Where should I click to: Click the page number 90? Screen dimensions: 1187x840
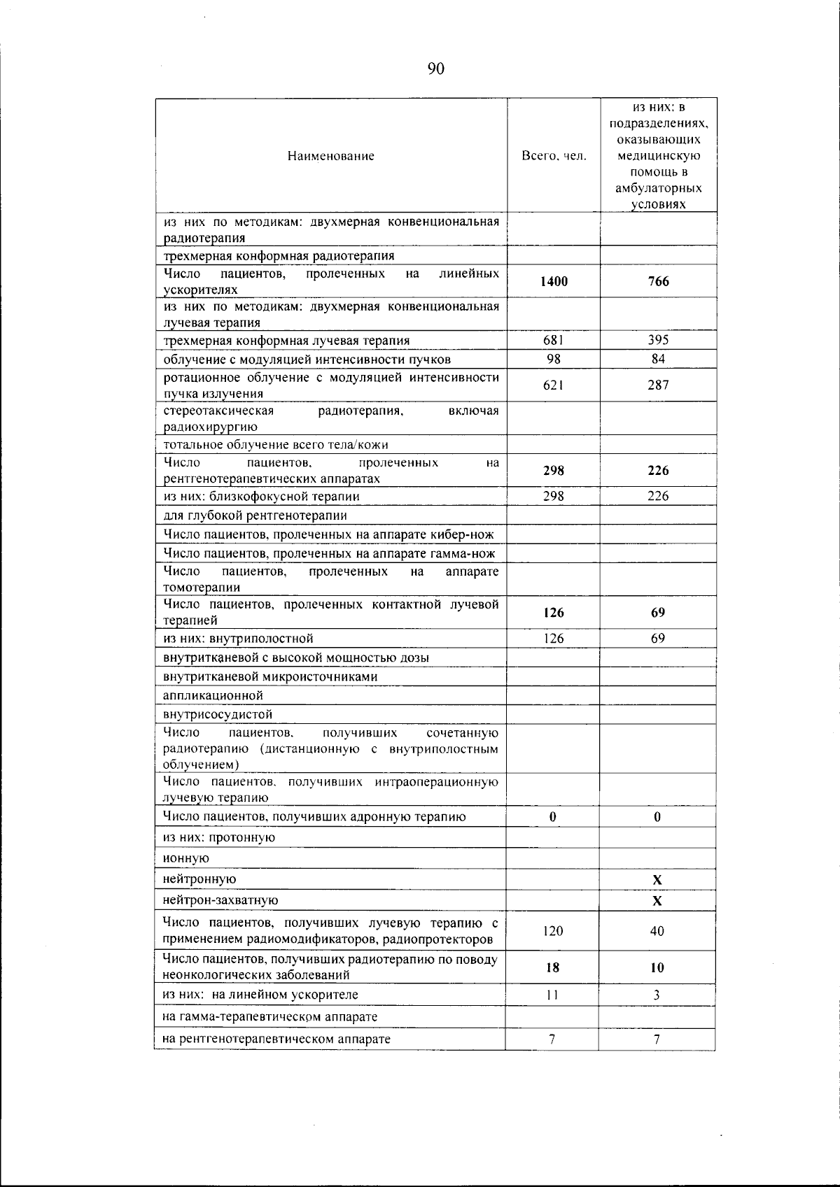(x=435, y=69)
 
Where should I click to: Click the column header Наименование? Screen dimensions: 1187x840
(x=330, y=156)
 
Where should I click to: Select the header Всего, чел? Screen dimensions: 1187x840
(x=554, y=156)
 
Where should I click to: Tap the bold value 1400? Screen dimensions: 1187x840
(x=554, y=281)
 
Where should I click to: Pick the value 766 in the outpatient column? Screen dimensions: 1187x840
(x=658, y=281)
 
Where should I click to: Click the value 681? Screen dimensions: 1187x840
(x=554, y=340)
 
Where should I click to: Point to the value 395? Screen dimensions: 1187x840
(x=658, y=340)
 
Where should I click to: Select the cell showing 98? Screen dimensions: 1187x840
(x=554, y=359)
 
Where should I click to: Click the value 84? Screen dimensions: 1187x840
(x=658, y=359)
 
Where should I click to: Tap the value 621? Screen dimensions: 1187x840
(x=554, y=385)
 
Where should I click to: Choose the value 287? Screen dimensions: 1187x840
(x=658, y=385)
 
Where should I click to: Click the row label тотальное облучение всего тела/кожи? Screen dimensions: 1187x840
(x=276, y=445)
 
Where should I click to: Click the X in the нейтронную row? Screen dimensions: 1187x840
(x=657, y=880)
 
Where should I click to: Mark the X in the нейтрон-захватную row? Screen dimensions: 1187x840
(x=657, y=901)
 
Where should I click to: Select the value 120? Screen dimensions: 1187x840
(x=553, y=931)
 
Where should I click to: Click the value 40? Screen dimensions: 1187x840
(x=657, y=931)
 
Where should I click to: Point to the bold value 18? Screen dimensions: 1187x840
(x=553, y=967)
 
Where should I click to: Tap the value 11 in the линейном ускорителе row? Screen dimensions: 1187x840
(x=552, y=995)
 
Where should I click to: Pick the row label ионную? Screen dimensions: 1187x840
(x=186, y=858)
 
